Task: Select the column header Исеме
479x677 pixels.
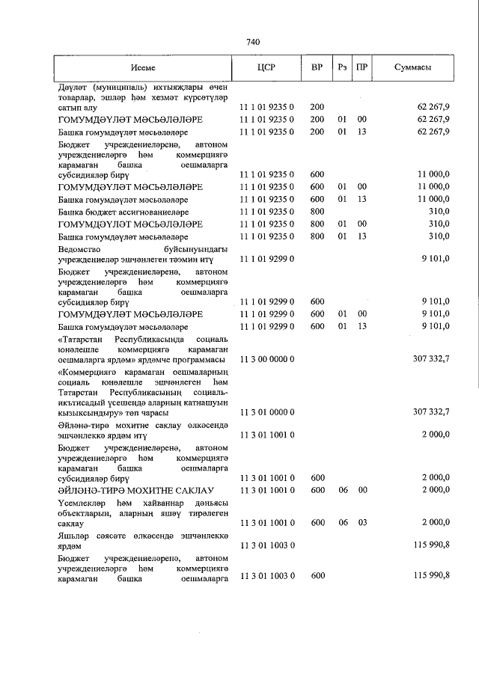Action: click(142, 67)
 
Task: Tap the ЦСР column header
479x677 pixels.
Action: click(266, 67)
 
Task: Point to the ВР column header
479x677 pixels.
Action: click(317, 67)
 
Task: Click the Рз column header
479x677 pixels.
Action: click(343, 67)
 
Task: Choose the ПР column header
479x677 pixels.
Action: click(362, 67)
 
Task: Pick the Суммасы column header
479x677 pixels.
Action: click(412, 67)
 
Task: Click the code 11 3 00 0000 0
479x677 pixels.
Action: click(267, 359)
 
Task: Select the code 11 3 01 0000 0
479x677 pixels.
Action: click(267, 412)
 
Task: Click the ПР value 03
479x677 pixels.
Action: click(362, 521)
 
